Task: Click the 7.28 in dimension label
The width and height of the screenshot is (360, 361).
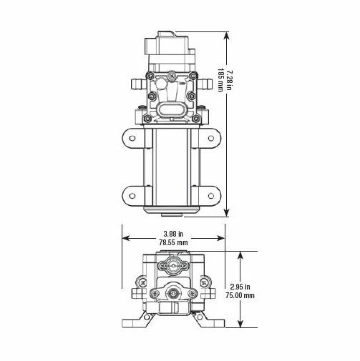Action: click(x=229, y=80)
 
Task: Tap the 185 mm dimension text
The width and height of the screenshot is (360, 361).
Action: click(x=220, y=80)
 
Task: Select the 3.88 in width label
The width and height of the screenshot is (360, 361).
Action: click(x=173, y=234)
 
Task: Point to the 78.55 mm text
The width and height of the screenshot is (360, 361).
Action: click(x=173, y=242)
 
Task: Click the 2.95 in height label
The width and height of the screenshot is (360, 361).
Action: click(x=240, y=287)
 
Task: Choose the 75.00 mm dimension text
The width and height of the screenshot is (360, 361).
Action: click(x=240, y=295)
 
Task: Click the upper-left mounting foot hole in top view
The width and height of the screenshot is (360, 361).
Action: click(x=132, y=138)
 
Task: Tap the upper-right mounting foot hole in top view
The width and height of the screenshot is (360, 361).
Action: click(x=211, y=138)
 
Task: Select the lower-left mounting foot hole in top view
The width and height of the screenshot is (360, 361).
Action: click(x=132, y=196)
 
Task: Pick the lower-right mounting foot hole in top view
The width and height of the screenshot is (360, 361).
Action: click(x=211, y=196)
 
